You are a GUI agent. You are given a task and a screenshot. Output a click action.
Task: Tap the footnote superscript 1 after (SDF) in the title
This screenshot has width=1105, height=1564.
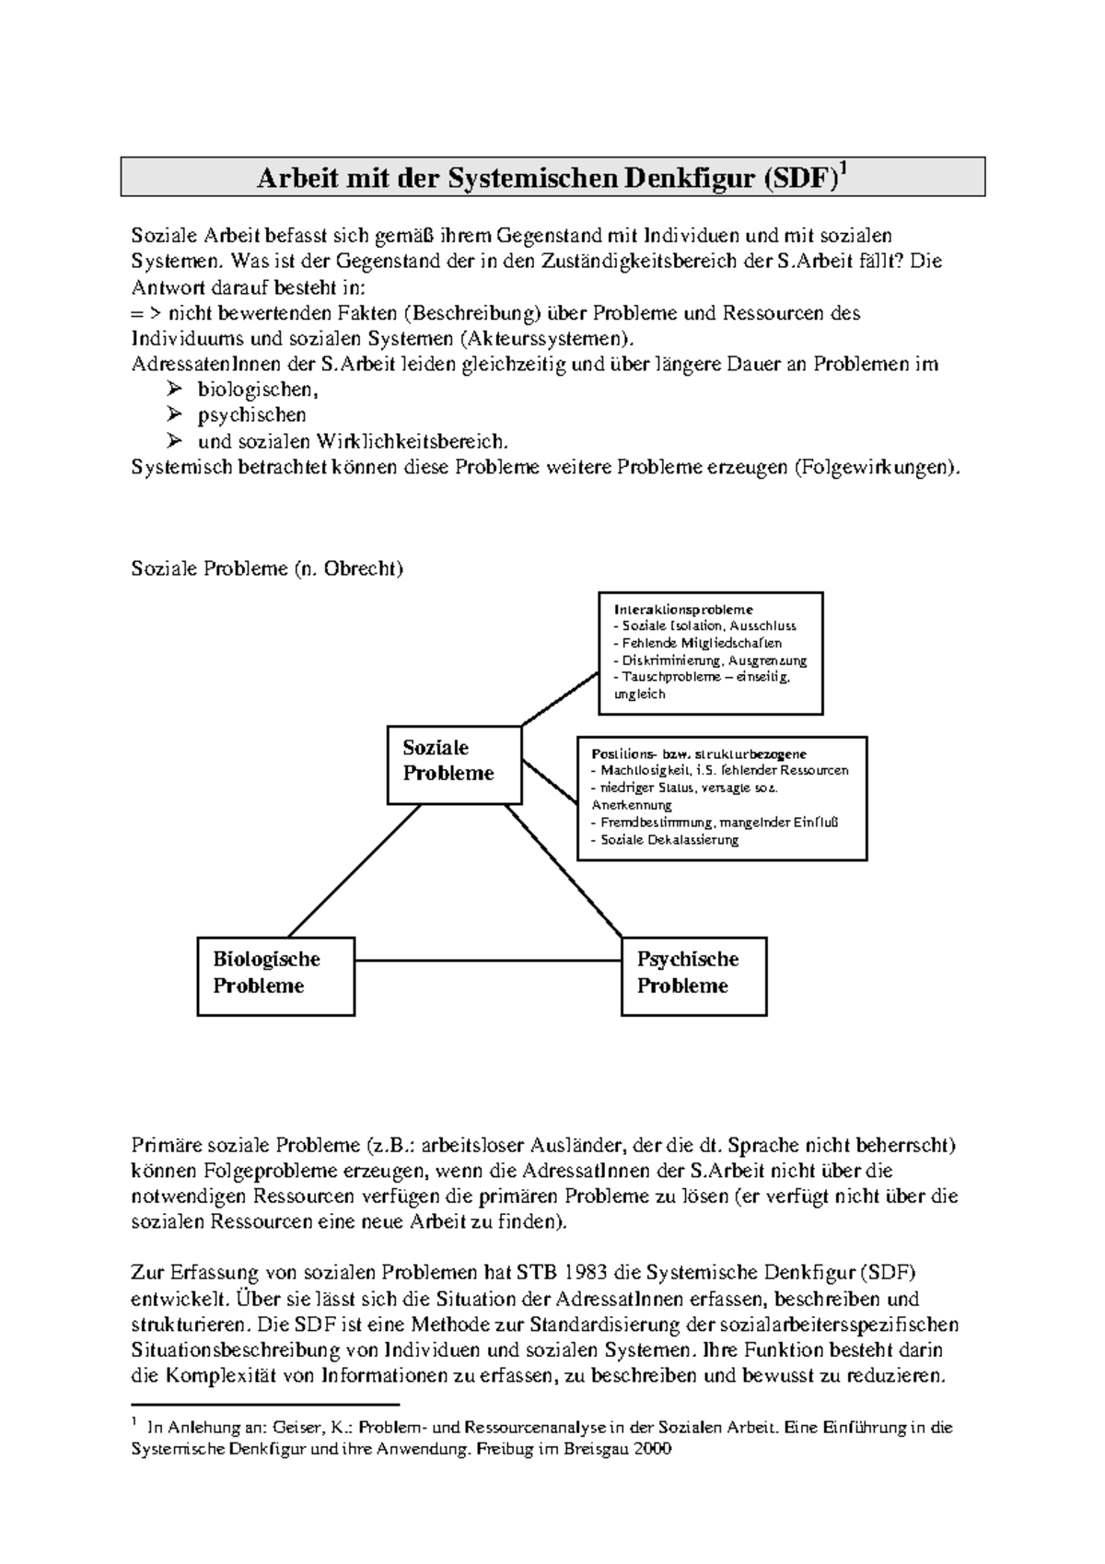(x=843, y=169)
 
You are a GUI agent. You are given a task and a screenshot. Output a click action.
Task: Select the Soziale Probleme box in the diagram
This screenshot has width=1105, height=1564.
(x=453, y=764)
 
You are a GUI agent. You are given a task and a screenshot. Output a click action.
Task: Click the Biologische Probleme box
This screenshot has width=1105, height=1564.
(x=275, y=975)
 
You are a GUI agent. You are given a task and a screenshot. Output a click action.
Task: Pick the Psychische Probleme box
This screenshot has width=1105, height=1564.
(x=693, y=975)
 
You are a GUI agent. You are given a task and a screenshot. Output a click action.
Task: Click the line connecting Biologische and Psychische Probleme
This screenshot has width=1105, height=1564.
(x=488, y=960)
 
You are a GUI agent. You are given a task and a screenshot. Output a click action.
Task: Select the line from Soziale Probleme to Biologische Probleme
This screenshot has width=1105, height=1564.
(x=355, y=870)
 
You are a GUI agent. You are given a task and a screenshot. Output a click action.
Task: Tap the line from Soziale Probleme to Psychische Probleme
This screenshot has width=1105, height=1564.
(x=564, y=870)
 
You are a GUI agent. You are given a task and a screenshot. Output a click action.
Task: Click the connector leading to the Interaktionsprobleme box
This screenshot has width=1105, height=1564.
(x=560, y=698)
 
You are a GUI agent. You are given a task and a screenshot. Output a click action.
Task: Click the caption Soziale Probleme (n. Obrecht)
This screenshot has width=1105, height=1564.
(x=267, y=568)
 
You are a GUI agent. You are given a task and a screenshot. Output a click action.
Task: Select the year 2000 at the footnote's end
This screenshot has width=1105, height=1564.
(x=653, y=1449)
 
